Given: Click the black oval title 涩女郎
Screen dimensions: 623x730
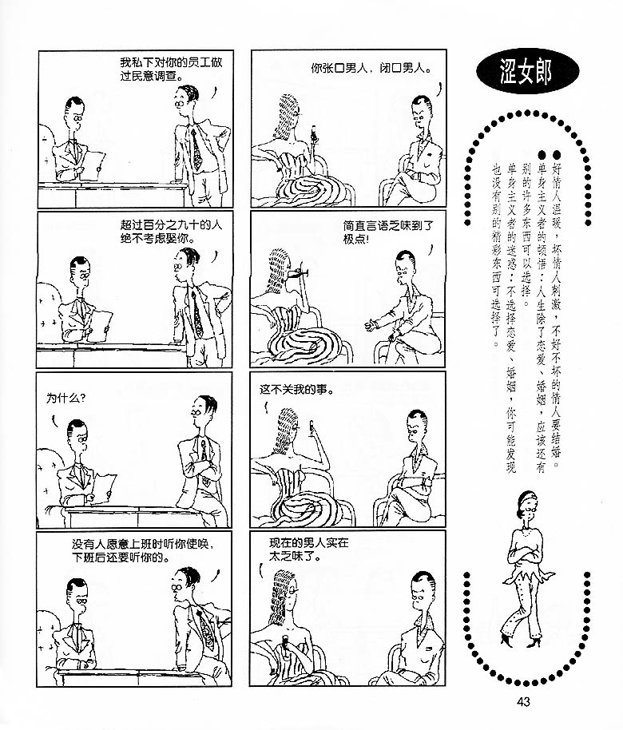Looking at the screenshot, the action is [x=527, y=72].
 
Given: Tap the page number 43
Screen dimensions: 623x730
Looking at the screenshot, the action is [x=523, y=701].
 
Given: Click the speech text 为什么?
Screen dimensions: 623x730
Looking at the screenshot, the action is [x=65, y=398].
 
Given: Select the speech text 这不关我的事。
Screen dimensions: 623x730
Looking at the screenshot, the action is [x=297, y=390].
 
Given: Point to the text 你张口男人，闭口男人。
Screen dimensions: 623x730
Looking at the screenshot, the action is [x=371, y=69].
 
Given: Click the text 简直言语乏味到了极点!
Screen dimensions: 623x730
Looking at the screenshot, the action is [x=388, y=232].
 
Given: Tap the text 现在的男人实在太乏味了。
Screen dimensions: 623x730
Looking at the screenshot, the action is [x=309, y=549].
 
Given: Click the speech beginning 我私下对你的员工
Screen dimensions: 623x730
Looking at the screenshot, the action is [x=170, y=69].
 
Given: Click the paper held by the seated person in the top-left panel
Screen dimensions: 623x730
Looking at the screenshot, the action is [x=96, y=164].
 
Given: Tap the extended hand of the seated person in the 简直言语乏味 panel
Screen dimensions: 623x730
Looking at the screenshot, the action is [x=371, y=324].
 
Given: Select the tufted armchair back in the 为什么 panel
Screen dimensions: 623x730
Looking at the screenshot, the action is [x=49, y=471].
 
